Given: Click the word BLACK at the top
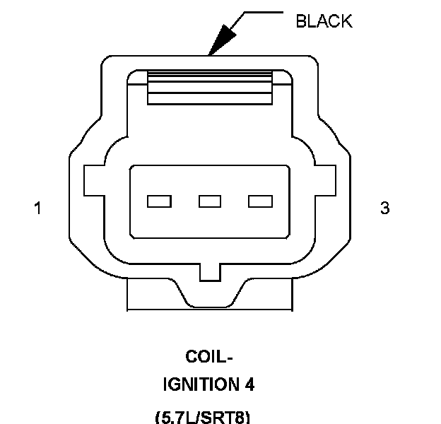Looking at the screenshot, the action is pos(323,21).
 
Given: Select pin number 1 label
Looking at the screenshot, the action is pos(37,208).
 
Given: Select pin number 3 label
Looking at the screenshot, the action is pos(384,208).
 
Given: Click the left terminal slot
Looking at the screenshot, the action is pos(159,201).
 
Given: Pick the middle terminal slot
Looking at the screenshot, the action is pos(210,201).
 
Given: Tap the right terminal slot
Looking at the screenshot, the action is pos(260,201).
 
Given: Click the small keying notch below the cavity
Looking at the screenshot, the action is pos(210,271).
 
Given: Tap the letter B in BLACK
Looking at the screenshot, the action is pos(300,21).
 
